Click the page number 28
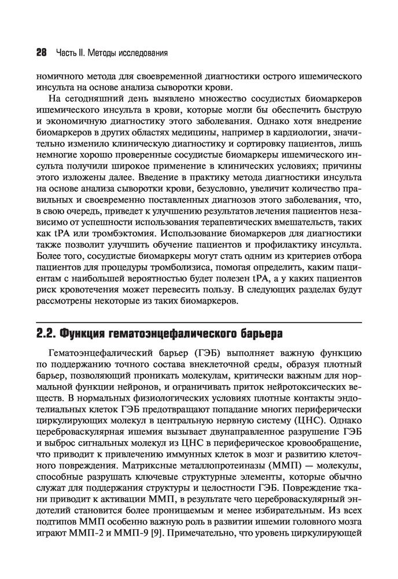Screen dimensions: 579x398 (41, 53)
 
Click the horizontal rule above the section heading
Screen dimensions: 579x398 (199, 322)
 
